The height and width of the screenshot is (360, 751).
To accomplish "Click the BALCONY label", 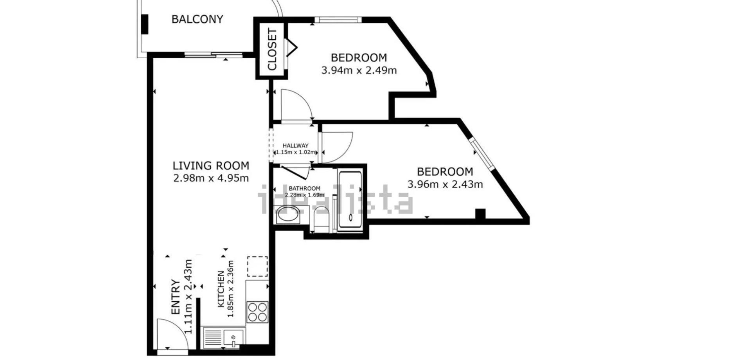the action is click(197, 19).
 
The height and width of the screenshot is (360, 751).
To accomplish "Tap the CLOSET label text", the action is click(272, 49).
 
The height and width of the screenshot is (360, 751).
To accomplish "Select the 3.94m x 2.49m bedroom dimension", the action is click(359, 70).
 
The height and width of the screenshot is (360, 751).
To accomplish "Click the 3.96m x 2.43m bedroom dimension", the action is click(445, 184).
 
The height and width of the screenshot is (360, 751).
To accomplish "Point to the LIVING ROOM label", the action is click(211, 166).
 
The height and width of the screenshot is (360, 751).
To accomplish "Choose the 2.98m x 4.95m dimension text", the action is click(211, 178).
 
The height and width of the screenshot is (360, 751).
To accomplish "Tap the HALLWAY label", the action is click(296, 146).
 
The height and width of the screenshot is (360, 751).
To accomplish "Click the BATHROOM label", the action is click(304, 189).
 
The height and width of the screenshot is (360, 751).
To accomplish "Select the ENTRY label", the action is click(176, 297).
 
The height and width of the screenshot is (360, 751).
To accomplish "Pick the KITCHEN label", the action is click(221, 289).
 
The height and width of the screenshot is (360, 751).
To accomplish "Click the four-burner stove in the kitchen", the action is click(257, 312).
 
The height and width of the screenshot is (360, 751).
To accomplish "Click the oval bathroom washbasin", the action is click(288, 215).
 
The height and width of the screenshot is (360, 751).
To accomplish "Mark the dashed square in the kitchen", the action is click(257, 266).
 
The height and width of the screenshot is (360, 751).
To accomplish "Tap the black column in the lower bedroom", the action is click(480, 214).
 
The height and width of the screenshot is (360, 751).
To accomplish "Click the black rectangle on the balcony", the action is click(145, 24).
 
